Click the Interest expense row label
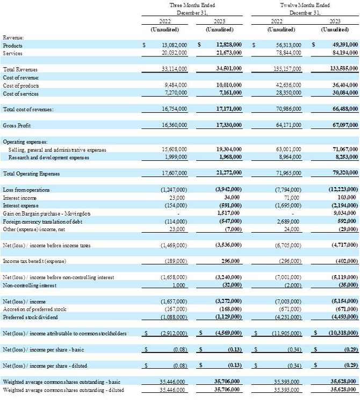(20, 205)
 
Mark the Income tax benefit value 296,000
(231, 262)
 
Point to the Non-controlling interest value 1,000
(180, 285)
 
